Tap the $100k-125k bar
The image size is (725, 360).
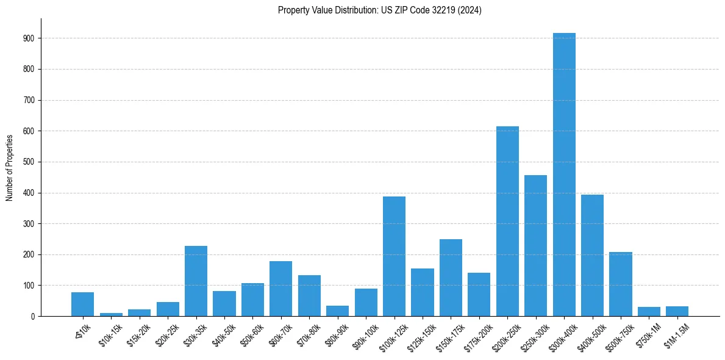(x=394, y=256)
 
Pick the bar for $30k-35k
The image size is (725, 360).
(x=196, y=281)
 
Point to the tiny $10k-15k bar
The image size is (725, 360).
(x=111, y=314)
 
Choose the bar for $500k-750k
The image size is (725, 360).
(x=621, y=284)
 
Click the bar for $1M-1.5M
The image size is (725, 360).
(x=677, y=311)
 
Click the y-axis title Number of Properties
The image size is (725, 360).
(x=10, y=167)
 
